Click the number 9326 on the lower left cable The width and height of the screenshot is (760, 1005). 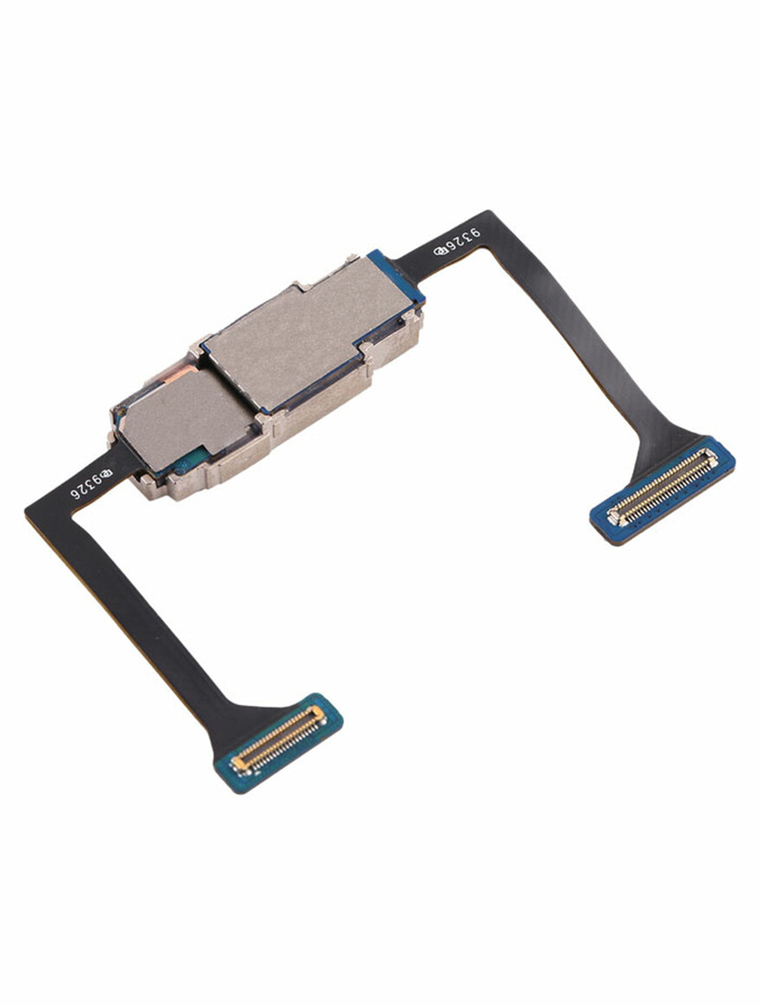click(85, 485)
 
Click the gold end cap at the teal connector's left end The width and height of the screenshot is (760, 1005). click(239, 762)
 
